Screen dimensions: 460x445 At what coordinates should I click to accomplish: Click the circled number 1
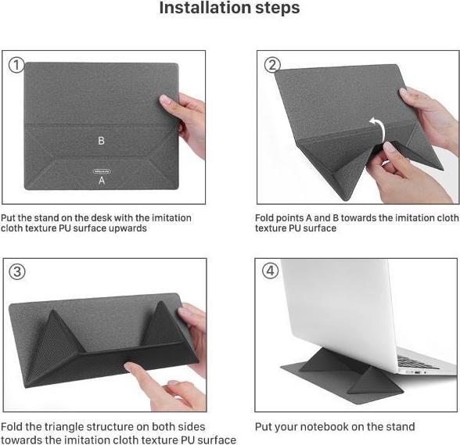[x=16, y=65]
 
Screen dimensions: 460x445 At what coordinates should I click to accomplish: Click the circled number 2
[x=272, y=65]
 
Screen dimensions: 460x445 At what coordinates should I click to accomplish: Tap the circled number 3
[x=17, y=271]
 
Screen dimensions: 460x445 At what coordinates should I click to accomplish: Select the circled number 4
[x=270, y=271]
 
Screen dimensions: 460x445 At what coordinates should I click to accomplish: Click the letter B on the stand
[x=101, y=141]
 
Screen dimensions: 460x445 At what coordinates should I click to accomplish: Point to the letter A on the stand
[x=102, y=180]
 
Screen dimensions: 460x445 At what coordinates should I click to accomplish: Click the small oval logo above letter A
[x=102, y=171]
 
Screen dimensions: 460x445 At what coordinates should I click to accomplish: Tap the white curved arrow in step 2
[x=377, y=129]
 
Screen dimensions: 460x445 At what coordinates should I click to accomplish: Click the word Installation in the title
[x=205, y=8]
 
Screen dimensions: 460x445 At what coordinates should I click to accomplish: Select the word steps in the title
[x=278, y=9]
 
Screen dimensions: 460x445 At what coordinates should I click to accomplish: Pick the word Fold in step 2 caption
[x=264, y=218]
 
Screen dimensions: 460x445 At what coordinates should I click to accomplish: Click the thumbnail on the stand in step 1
[x=165, y=100]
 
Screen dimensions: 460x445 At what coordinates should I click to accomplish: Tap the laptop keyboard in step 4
[x=416, y=361]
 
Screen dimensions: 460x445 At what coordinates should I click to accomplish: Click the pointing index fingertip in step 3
[x=130, y=368]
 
